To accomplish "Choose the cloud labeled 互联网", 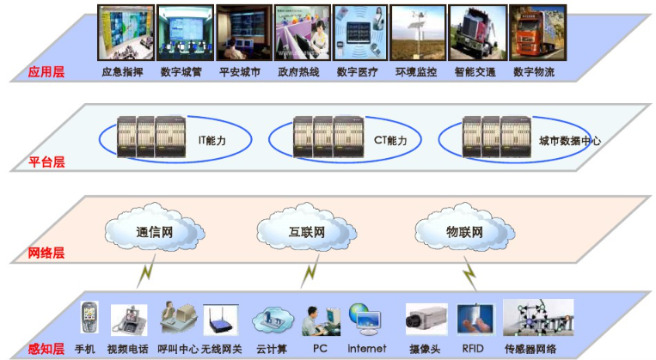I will click(x=306, y=232).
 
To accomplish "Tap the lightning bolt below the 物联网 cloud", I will click(x=469, y=275).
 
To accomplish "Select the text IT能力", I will click(x=212, y=139).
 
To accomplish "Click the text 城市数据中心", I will click(x=570, y=140).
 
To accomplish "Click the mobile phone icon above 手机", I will click(x=89, y=320).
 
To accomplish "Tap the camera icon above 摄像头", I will click(x=426, y=320).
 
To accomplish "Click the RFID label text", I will click(x=475, y=349).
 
